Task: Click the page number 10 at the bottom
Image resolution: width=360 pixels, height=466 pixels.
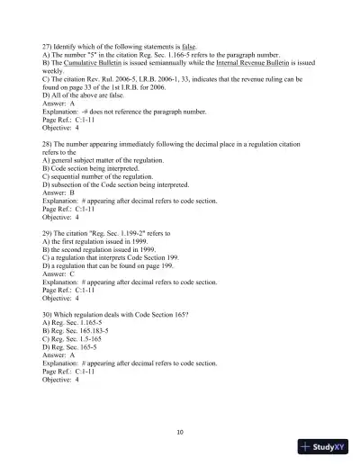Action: (x=180, y=433)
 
